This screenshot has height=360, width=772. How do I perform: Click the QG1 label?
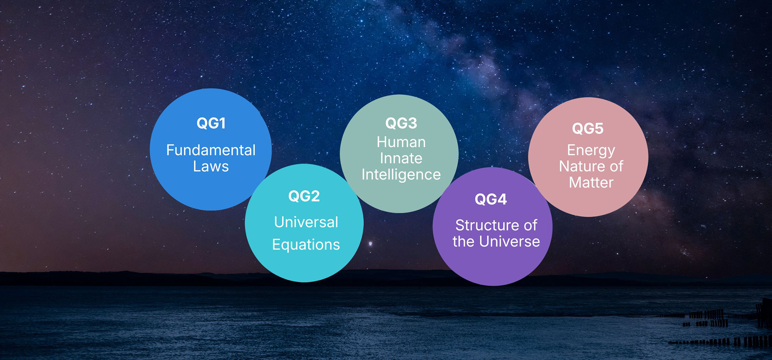click(x=211, y=123)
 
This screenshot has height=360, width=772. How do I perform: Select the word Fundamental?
click(x=211, y=150)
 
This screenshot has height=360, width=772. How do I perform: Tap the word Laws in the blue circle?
click(x=211, y=166)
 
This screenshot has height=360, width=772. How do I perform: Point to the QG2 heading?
click(x=304, y=196)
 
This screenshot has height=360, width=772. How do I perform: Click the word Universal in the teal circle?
click(x=306, y=222)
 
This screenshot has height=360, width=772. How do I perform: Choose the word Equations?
click(x=306, y=245)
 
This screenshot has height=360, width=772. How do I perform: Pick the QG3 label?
click(x=401, y=123)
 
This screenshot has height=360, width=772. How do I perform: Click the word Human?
click(x=401, y=142)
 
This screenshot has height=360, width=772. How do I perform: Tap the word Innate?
click(x=401, y=158)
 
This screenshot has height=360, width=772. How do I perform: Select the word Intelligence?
click(x=401, y=175)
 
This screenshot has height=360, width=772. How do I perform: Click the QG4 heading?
click(x=491, y=199)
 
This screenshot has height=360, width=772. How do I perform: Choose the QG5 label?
click(x=587, y=129)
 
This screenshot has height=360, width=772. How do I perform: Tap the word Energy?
click(x=591, y=150)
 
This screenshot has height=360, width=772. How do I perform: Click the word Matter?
click(x=591, y=183)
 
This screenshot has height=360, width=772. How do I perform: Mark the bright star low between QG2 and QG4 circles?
click(x=371, y=243)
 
